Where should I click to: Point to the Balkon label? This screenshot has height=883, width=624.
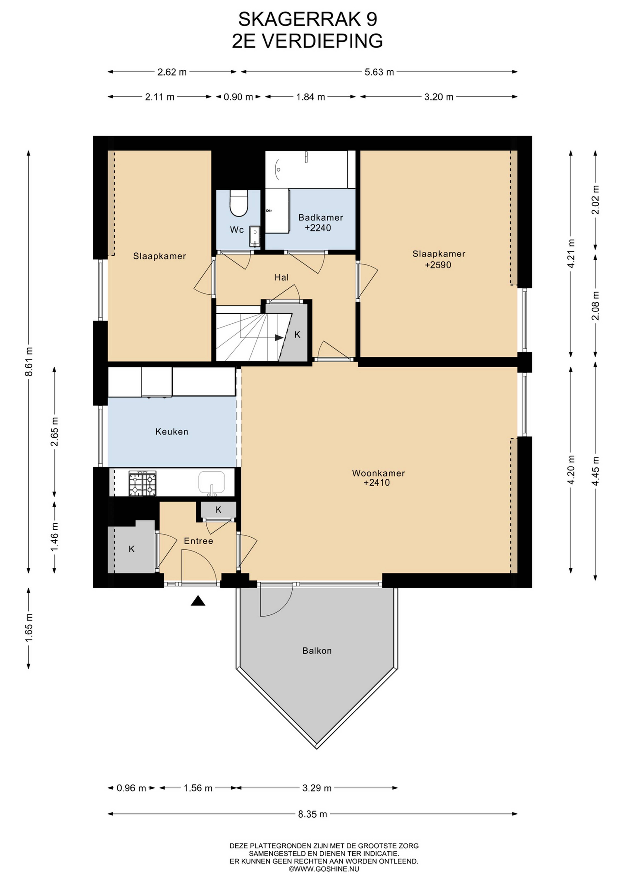317,651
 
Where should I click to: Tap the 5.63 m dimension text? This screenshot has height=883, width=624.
379,72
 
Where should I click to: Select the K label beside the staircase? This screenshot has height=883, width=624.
297,335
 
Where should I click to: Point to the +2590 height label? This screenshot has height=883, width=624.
438,265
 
